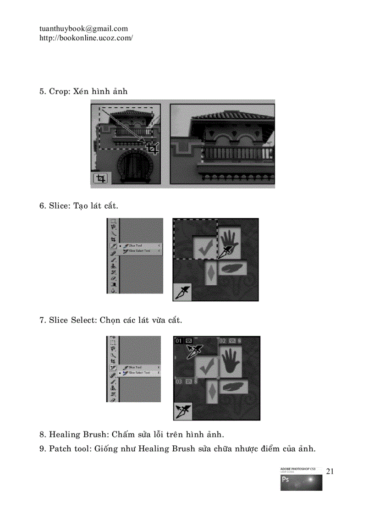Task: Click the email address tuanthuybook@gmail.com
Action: coord(83,29)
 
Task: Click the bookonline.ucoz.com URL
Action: coord(86,38)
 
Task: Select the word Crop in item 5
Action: coord(59,91)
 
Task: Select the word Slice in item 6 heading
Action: coord(59,206)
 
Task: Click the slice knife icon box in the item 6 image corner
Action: coord(182,292)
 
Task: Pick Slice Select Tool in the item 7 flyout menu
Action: coord(139,373)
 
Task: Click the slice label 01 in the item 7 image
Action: coord(179,341)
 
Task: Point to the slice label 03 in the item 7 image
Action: coord(179,381)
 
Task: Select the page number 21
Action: coord(330,471)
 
